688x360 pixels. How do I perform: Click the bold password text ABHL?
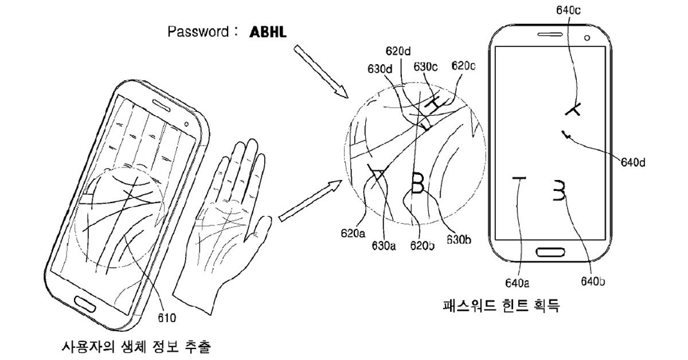[x=268, y=33]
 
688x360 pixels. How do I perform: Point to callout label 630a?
[x=384, y=246]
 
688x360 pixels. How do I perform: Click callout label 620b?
[x=422, y=246]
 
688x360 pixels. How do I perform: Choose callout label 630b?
[x=459, y=240]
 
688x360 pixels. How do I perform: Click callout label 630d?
[x=380, y=69]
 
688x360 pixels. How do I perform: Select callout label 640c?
[x=569, y=9]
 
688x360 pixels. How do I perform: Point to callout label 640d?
[x=632, y=162]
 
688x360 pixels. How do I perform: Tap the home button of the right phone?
[x=550, y=252]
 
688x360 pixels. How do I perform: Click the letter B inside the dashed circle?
[x=418, y=185]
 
